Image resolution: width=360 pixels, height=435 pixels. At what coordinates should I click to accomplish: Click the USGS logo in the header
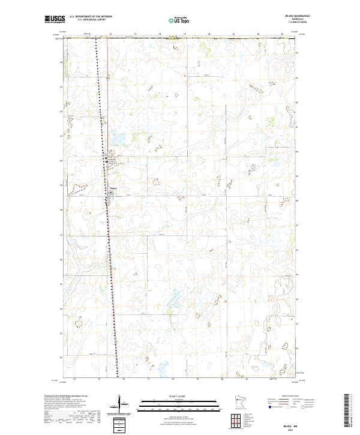(55, 20)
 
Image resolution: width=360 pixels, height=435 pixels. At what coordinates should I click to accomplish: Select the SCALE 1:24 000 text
(179, 396)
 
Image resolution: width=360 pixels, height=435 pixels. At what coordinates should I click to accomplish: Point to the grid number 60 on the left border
(61, 160)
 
